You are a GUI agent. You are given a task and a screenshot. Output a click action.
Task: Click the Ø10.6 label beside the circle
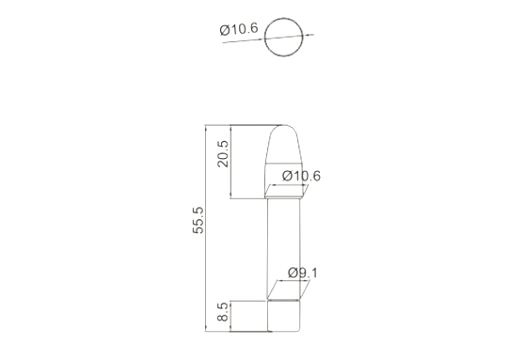click(x=239, y=29)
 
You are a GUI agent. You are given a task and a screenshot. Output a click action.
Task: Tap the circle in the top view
click(x=284, y=18)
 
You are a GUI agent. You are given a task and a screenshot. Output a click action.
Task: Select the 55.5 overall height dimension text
click(x=198, y=220)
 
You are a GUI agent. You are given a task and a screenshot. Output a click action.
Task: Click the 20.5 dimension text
click(x=223, y=154)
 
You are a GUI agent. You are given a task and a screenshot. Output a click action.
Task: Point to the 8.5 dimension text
click(x=223, y=312)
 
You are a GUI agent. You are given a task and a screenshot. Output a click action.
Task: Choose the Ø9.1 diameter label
click(x=303, y=273)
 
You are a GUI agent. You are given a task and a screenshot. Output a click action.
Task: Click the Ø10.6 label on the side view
click(x=301, y=176)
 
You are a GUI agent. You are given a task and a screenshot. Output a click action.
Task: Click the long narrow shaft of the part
click(x=283, y=249)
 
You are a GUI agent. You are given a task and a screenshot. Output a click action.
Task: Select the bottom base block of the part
click(x=283, y=316)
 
